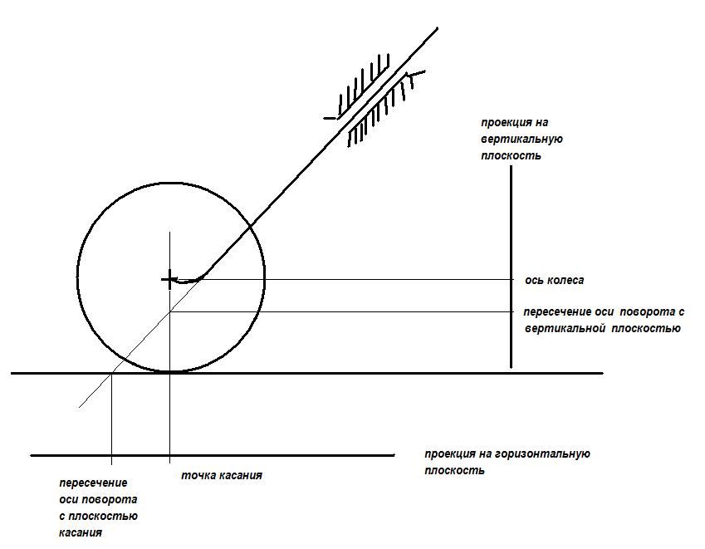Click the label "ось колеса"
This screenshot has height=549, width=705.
[555, 281]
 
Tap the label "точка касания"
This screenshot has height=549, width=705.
[222, 475]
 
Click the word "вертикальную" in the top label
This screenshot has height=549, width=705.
[522, 139]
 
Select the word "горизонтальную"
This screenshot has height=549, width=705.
[542, 454]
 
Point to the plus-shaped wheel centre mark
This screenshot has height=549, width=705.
[169, 280]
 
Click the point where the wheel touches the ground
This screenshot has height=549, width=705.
[169, 372]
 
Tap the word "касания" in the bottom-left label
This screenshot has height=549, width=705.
[81, 533]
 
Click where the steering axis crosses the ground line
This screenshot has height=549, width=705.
[111, 373]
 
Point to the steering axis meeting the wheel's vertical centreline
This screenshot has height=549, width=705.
[169, 311]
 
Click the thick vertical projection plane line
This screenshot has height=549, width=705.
[511, 267]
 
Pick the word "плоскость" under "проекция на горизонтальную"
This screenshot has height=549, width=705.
[454, 471]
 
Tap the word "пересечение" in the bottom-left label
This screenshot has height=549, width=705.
[94, 483]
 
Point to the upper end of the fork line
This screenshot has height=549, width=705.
[437, 28]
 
